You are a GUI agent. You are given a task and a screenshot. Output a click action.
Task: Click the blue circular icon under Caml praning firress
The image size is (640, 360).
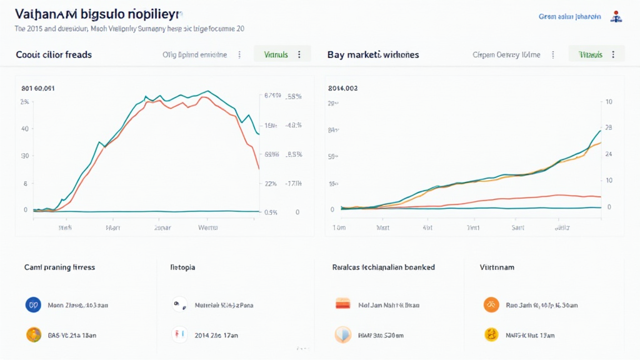click(x=32, y=305)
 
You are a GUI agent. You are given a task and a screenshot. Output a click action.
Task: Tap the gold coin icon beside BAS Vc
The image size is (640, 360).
click(x=32, y=335)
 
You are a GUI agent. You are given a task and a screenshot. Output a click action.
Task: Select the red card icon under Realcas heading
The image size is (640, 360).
click(x=342, y=305)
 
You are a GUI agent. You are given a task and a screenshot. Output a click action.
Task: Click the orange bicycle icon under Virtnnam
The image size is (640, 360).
click(x=491, y=305)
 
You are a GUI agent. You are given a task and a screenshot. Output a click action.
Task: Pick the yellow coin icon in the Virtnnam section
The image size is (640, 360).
click(x=491, y=335)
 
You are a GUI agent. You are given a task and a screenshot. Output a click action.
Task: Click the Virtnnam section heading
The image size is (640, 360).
click(x=497, y=267)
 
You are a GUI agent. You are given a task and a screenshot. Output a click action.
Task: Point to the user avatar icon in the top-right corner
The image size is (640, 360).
click(x=617, y=17)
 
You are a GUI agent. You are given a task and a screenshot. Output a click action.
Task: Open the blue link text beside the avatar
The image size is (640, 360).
click(x=569, y=17)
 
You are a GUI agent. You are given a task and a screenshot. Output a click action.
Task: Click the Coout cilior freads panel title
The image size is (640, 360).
click(x=54, y=54)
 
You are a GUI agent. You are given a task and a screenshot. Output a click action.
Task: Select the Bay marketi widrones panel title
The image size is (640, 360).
click(x=373, y=54)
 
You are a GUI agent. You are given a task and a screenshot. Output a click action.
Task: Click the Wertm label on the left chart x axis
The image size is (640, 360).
click(x=207, y=228)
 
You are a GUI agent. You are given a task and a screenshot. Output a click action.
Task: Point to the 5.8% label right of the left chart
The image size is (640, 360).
click(x=294, y=97)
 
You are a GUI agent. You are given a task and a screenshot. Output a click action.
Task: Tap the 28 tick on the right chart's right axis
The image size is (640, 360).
click(x=609, y=128)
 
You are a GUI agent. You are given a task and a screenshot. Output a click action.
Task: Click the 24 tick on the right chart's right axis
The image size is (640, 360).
click(x=609, y=154)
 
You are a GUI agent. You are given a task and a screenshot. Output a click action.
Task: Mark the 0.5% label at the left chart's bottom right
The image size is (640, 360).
click(x=271, y=212)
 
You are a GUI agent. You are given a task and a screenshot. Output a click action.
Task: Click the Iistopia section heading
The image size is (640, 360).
click(x=182, y=267)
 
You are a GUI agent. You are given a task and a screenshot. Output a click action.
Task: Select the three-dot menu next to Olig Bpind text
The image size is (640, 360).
click(x=239, y=54)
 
